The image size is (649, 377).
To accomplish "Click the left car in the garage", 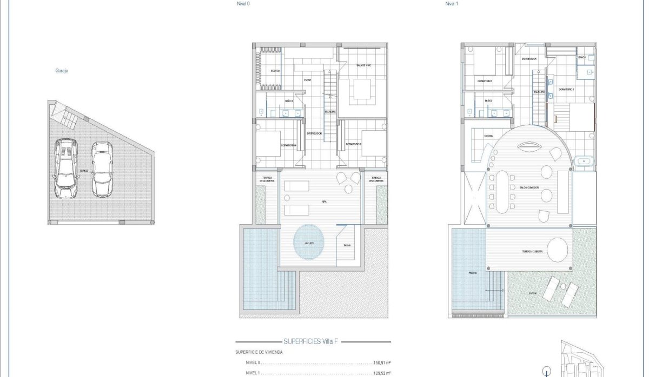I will [x=66, y=169].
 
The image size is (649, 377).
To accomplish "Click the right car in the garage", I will [x=102, y=169].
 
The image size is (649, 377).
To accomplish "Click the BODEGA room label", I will [x=275, y=70].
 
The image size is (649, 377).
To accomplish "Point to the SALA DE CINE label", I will [x=363, y=65].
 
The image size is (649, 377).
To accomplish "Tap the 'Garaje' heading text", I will [x=62, y=70].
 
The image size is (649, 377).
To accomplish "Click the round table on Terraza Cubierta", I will [x=557, y=250].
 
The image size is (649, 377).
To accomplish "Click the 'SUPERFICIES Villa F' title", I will [x=313, y=342].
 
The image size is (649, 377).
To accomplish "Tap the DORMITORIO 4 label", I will [x=290, y=145].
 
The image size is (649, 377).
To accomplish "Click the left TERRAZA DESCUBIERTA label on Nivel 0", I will [x=267, y=179].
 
